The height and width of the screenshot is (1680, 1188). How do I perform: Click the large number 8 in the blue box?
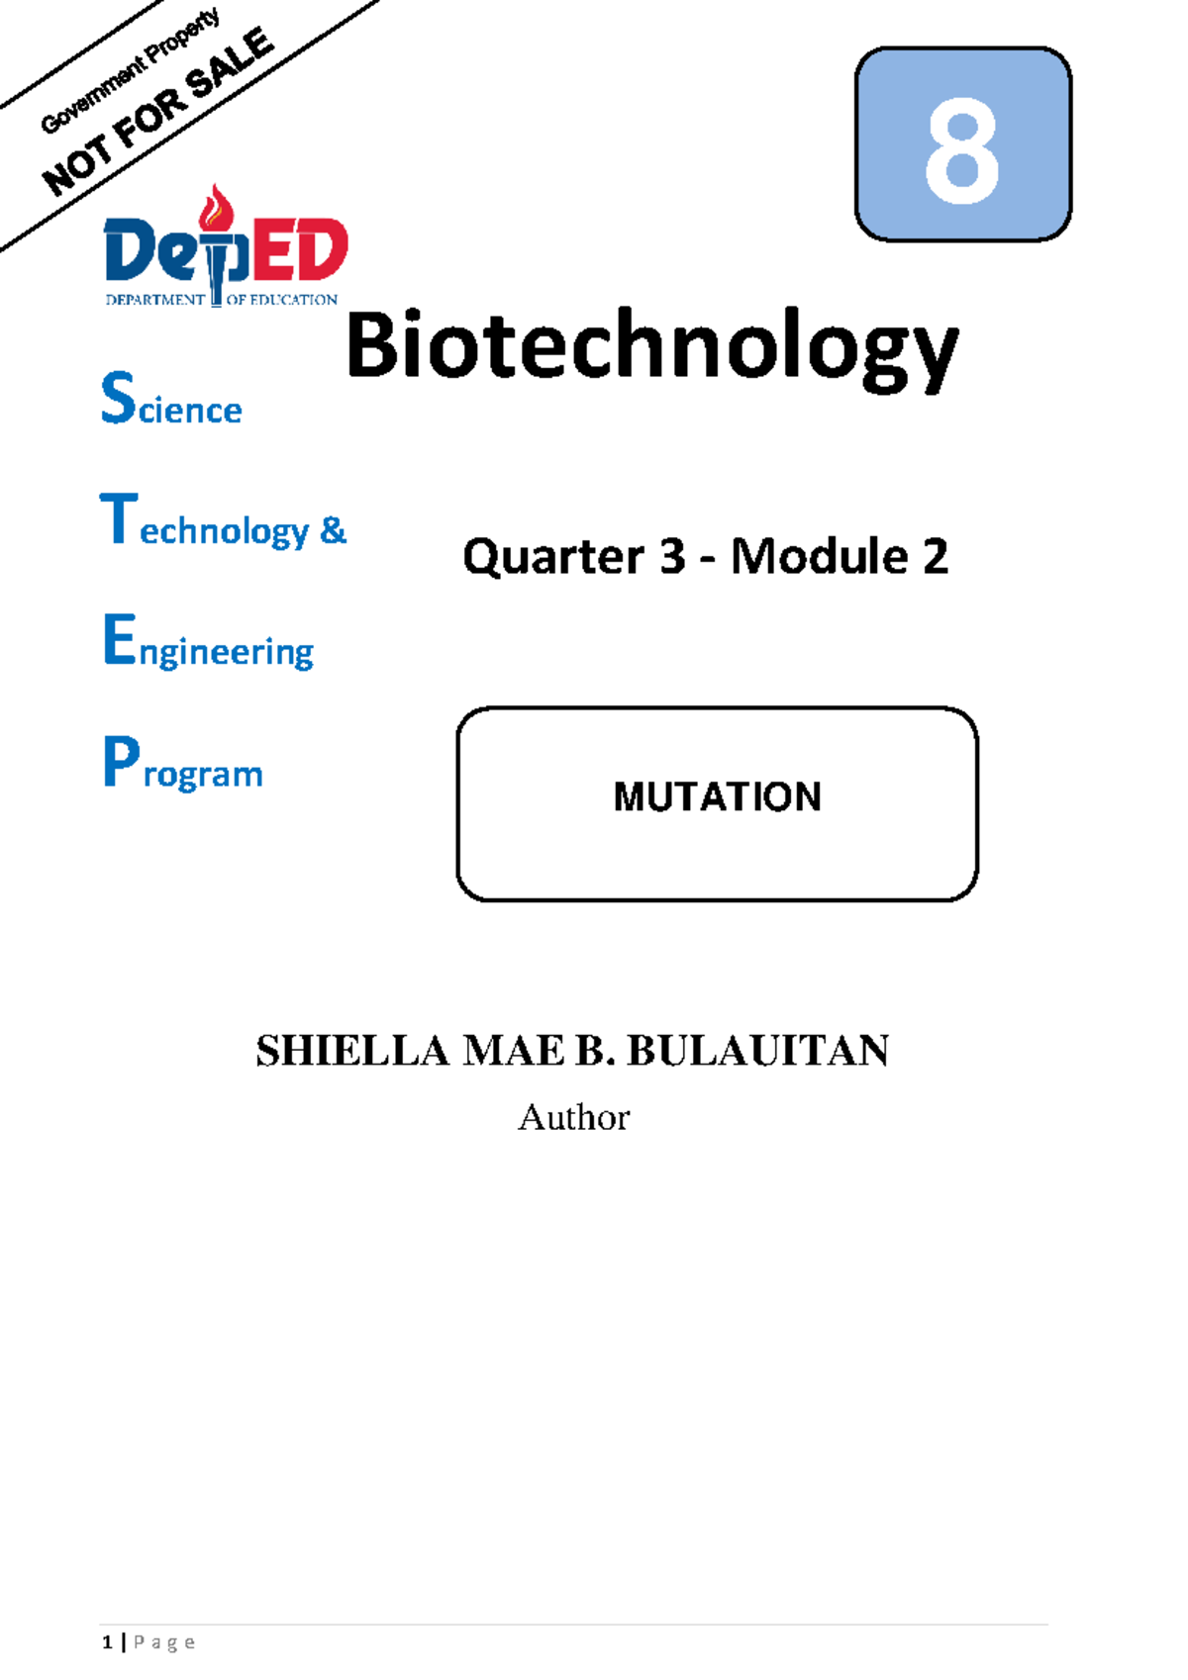(961, 151)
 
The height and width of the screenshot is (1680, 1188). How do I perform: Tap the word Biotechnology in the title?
(651, 348)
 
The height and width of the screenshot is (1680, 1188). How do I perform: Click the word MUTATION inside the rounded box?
(717, 797)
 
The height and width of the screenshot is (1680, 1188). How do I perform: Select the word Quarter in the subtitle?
(552, 557)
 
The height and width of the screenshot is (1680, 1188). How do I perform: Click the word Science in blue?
(171, 401)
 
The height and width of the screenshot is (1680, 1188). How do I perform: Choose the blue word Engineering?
(208, 644)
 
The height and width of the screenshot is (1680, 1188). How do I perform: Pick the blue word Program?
(183, 766)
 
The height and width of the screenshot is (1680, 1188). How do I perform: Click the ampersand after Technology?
(334, 530)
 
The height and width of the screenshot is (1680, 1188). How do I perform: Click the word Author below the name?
(573, 1117)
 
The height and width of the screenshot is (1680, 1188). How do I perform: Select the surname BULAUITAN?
(757, 1051)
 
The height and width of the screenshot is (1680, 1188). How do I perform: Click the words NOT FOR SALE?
(158, 114)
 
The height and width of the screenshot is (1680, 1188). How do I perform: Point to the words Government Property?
(130, 71)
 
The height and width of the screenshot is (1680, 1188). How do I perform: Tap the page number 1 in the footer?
(107, 1643)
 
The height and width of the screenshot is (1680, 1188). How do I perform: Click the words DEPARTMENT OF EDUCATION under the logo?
(222, 300)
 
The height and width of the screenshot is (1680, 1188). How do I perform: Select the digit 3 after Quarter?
(672, 557)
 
